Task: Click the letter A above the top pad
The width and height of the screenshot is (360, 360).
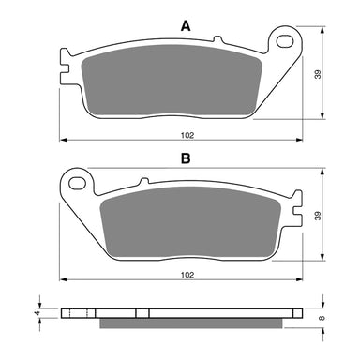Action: pyautogui.click(x=185, y=27)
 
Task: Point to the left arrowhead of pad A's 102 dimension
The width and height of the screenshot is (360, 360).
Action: pyautogui.click(x=63, y=140)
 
